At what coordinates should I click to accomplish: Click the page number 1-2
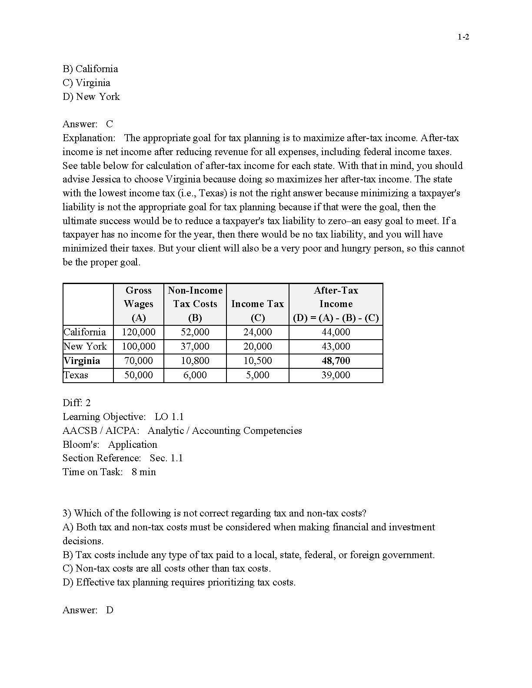pos(463,37)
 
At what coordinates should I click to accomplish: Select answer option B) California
pos(90,69)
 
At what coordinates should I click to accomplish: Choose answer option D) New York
pos(91,97)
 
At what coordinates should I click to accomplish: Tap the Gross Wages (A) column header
pos(139,304)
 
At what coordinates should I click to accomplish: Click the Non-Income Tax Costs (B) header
pos(195,304)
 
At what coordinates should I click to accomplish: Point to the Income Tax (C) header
pos(257,304)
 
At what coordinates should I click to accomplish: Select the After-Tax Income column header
pos(336,304)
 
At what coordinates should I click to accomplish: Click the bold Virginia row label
pos(82,361)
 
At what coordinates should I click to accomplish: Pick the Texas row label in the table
pos(76,375)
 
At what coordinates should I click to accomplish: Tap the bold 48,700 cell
pos(336,361)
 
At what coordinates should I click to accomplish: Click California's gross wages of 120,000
pos(139,332)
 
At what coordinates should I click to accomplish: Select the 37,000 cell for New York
pos(195,347)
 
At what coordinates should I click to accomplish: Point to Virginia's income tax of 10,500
pos(257,361)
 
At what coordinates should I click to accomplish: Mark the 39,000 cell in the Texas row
pos(336,375)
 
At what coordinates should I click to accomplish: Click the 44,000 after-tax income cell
pos(336,332)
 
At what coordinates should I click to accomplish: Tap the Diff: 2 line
pos(77,403)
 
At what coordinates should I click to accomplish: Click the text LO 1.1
pos(169,417)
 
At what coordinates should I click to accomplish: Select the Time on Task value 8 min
pos(144,472)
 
